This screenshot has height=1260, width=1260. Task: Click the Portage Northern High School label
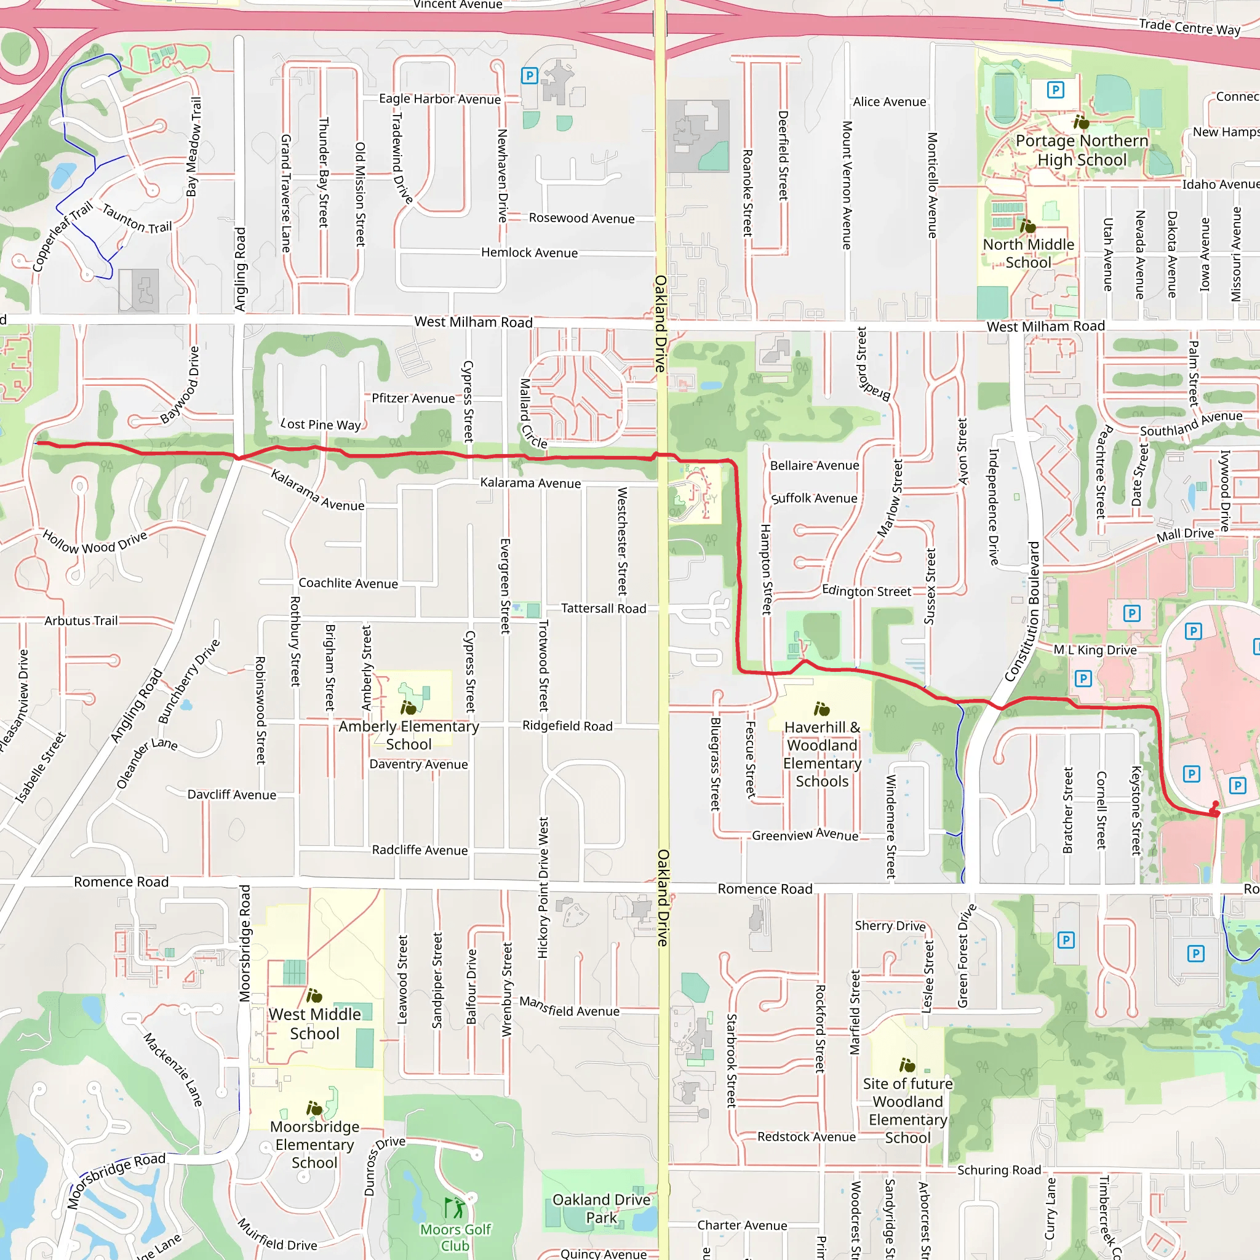(1082, 150)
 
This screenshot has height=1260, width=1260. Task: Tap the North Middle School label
(1028, 253)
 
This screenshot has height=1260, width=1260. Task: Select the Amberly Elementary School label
(409, 735)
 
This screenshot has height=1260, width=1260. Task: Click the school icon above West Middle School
(314, 996)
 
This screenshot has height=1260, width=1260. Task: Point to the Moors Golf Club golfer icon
(455, 1207)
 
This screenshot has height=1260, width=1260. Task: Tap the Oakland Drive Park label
(600, 1208)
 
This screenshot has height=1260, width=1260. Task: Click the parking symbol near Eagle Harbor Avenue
(529, 76)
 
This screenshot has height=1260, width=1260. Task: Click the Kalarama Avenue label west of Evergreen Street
(317, 490)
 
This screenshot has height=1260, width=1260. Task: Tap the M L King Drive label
(1095, 650)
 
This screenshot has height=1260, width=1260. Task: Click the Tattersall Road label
(604, 608)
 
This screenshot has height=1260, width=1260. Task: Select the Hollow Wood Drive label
(95, 542)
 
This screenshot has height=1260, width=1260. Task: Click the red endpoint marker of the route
(1215, 813)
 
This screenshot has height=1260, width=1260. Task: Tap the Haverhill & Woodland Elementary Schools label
(822, 754)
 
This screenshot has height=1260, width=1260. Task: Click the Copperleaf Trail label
(62, 237)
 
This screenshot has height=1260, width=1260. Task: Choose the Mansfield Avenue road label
(568, 1007)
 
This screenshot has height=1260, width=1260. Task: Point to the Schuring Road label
(999, 1170)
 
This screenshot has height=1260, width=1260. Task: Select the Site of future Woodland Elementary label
(907, 1110)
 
